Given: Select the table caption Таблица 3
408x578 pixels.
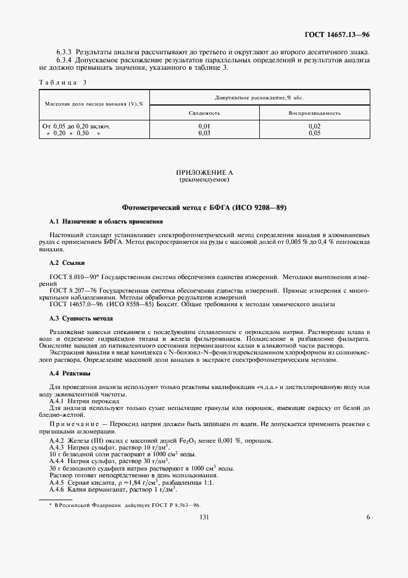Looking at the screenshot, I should click(63, 82).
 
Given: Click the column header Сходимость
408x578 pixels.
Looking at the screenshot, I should click(204, 114).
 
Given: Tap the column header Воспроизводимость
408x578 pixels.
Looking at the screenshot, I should click(314, 114).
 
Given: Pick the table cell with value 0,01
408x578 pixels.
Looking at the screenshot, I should click(204, 126).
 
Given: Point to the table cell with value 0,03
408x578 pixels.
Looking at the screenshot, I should click(204, 132).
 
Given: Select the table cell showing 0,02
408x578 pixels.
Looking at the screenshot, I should click(314, 126).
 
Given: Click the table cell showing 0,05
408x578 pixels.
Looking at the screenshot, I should click(314, 132).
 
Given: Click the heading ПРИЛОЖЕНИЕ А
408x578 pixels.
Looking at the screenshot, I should click(204, 173).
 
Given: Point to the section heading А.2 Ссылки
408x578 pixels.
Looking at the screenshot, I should click(67, 263).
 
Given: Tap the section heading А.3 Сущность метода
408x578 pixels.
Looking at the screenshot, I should click(81, 319).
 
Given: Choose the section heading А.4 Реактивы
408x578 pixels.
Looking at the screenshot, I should click(70, 374).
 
